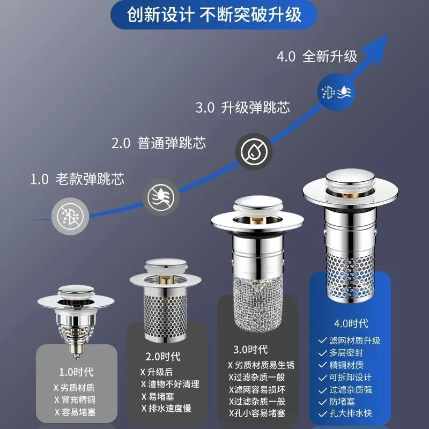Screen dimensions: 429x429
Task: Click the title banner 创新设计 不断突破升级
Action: tap(214, 14)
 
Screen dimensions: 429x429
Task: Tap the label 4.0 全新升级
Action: tap(317, 56)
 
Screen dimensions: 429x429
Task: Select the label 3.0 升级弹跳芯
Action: tap(242, 107)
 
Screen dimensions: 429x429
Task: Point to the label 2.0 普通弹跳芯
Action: tap(158, 143)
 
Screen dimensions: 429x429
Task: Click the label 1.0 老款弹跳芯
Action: tap(77, 179)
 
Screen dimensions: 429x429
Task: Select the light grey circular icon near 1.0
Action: tap(67, 215)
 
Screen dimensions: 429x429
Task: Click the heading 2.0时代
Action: tap(163, 357)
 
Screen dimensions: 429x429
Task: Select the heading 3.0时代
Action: tap(250, 350)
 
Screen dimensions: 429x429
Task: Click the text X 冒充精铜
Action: tap(75, 400)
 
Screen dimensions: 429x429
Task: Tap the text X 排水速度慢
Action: tap(166, 409)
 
